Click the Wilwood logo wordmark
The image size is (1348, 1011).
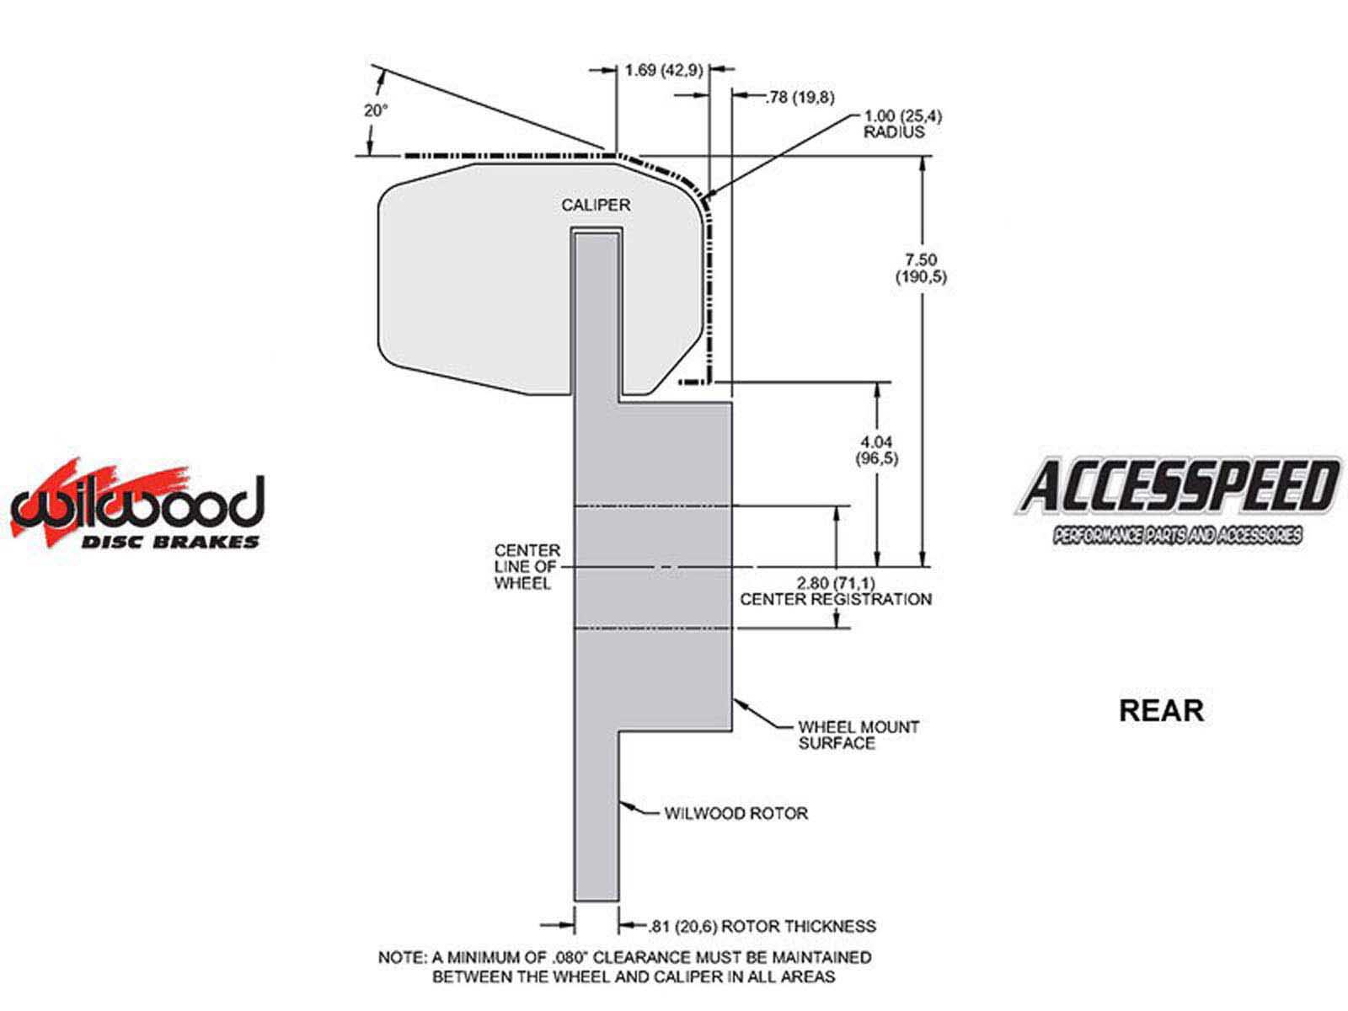tap(138, 502)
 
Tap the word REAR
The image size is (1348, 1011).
tap(1161, 711)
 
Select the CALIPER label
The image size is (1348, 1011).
tap(595, 205)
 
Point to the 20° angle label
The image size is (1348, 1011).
tap(376, 111)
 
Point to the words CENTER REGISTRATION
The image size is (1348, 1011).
tap(836, 599)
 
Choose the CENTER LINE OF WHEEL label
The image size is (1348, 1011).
tap(527, 566)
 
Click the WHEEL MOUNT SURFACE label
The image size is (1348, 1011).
tap(859, 735)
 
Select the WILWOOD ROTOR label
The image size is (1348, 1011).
tap(736, 813)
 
